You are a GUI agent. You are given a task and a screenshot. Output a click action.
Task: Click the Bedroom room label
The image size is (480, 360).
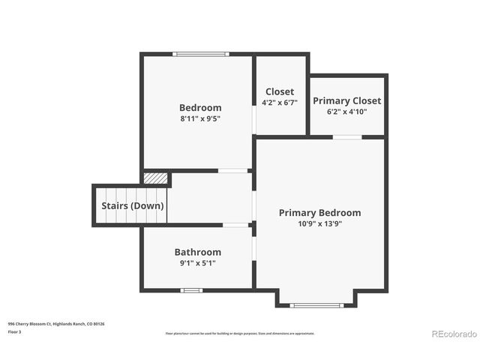[200, 107]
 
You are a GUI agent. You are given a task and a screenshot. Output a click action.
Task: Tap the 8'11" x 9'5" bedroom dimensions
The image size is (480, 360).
[200, 118]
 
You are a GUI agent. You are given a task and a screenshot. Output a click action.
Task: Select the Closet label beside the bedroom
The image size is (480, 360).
[280, 91]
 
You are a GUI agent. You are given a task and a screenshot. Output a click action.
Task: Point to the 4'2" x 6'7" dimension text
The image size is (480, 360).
[280, 103]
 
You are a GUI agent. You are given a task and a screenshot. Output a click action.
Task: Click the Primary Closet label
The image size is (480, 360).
[346, 100]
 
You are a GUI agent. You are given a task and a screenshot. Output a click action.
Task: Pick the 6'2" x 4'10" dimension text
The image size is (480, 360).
[346, 111]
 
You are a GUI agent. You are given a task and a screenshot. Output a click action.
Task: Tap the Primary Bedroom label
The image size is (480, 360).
[319, 212]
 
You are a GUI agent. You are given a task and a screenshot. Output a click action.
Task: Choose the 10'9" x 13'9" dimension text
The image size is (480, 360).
[319, 223]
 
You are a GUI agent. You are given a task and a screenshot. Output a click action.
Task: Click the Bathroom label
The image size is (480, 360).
[198, 252]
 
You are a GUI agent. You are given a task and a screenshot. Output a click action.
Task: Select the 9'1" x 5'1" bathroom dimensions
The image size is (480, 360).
[198, 262]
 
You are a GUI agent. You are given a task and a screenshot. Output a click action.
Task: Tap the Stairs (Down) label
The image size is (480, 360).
[133, 205]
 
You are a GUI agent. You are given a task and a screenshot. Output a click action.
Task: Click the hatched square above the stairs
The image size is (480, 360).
[155, 178]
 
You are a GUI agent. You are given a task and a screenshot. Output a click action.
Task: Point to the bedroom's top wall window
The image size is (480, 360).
[199, 53]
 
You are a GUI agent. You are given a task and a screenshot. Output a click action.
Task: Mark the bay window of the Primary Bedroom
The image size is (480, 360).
[316, 305]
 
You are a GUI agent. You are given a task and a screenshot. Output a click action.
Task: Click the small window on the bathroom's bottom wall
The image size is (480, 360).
[191, 290]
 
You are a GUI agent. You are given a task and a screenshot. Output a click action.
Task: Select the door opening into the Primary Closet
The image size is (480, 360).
[346, 136]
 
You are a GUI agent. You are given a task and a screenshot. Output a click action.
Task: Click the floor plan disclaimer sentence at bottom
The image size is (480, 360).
[240, 333]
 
